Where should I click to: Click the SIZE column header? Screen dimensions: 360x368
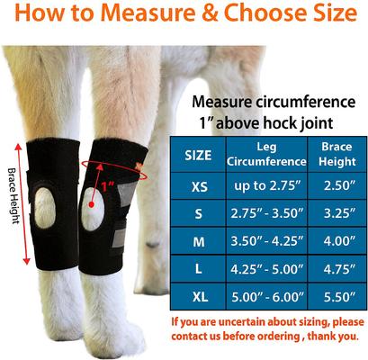199,155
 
